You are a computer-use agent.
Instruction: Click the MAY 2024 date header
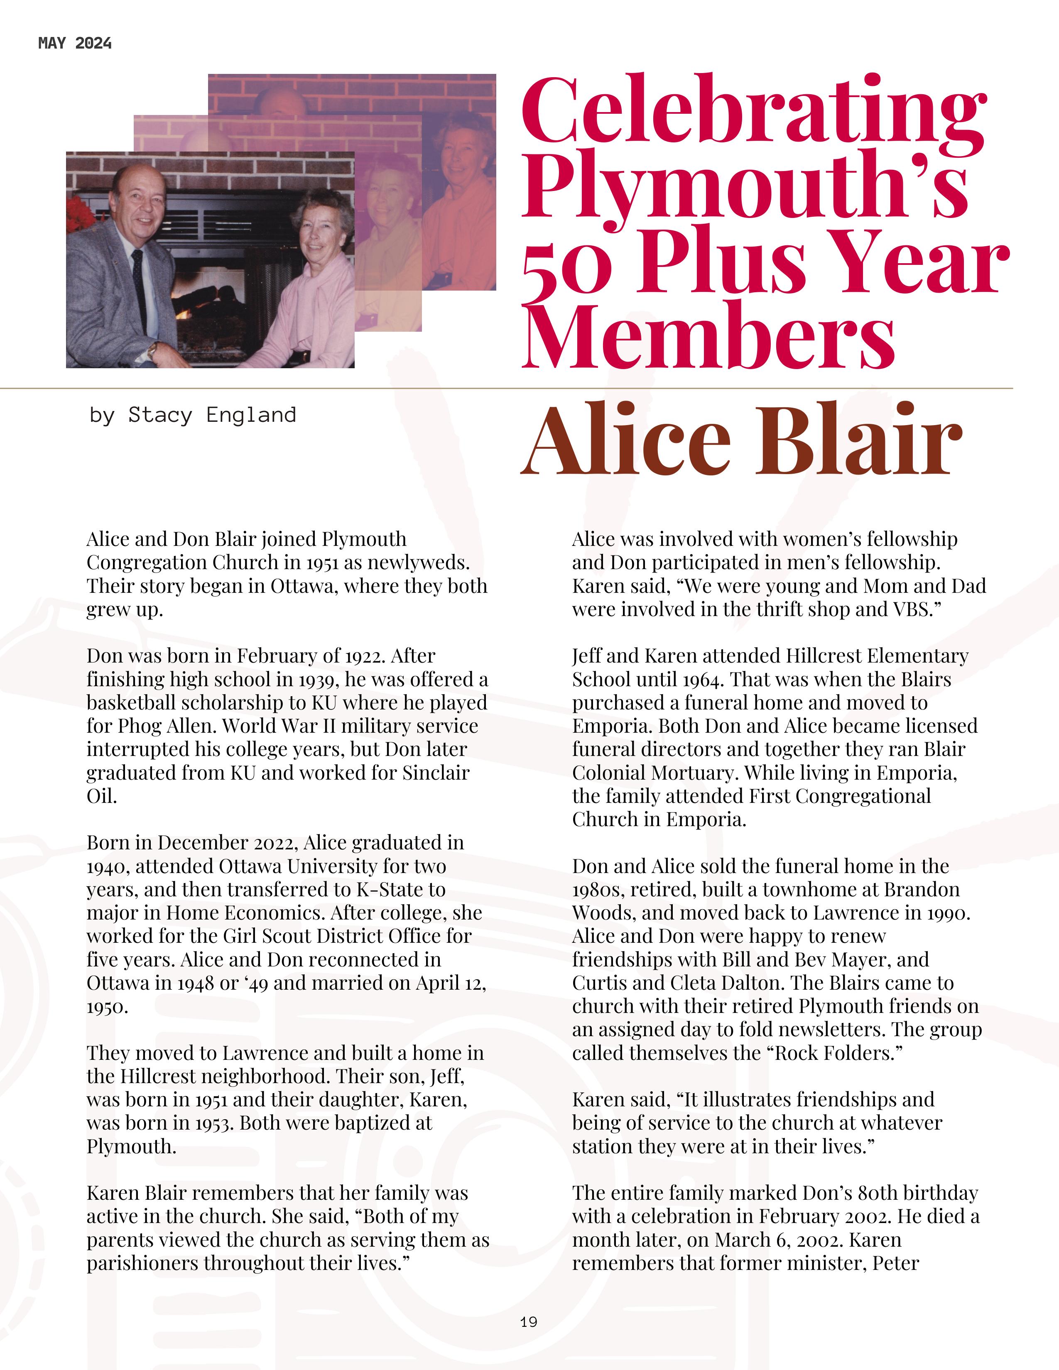click(75, 43)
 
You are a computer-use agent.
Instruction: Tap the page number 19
click(528, 1322)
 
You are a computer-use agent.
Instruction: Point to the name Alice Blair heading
click(742, 440)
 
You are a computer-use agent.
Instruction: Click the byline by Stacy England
click(193, 415)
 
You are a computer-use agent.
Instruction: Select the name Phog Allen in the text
click(162, 726)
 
